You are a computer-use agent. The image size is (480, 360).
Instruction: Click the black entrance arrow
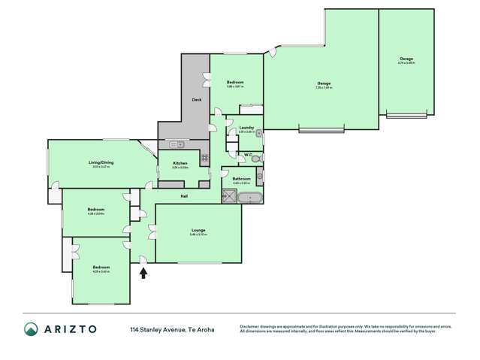pyautogui.click(x=143, y=273)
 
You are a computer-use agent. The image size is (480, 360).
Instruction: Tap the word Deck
pyautogui.click(x=197, y=100)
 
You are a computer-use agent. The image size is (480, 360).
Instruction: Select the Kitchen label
pyautogui.click(x=180, y=163)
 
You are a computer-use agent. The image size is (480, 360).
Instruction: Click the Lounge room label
pyautogui.click(x=198, y=230)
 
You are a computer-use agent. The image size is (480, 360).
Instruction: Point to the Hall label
pyautogui.click(x=183, y=197)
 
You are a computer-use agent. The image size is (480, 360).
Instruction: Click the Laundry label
pyautogui.click(x=246, y=128)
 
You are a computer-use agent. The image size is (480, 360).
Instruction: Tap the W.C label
pyautogui.click(x=247, y=156)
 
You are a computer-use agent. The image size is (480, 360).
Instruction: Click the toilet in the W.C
pyautogui.click(x=256, y=159)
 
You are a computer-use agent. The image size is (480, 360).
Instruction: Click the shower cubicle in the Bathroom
pyautogui.click(x=228, y=198)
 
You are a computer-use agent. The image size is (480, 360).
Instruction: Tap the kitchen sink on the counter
pyautogui.click(x=175, y=144)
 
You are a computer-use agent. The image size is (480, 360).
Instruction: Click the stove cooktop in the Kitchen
pyautogui.click(x=204, y=158)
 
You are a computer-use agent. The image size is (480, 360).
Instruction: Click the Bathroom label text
pyautogui.click(x=241, y=178)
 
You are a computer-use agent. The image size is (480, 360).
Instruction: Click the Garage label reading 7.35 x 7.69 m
pyautogui.click(x=324, y=83)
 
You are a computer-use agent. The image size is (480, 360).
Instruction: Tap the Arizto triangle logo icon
pyautogui.click(x=32, y=329)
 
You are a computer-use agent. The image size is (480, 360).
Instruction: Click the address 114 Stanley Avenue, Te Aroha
pyautogui.click(x=171, y=329)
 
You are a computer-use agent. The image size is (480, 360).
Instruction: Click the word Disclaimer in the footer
pyautogui.click(x=252, y=326)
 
